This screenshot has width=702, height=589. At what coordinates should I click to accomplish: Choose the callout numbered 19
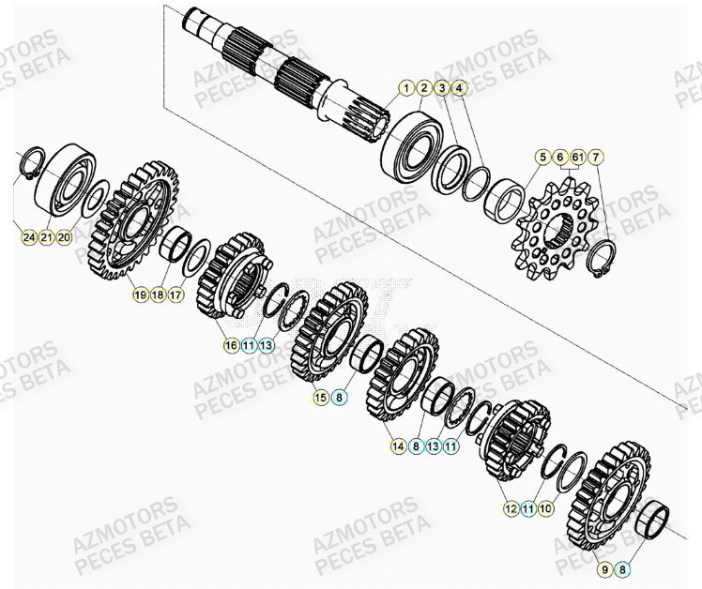coord(140,294)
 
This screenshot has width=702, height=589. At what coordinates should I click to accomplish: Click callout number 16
coord(230,346)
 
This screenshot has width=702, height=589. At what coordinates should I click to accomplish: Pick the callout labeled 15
coord(320,398)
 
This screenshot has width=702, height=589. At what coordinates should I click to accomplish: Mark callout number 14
coord(400,448)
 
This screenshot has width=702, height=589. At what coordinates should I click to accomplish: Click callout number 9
coord(602,567)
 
